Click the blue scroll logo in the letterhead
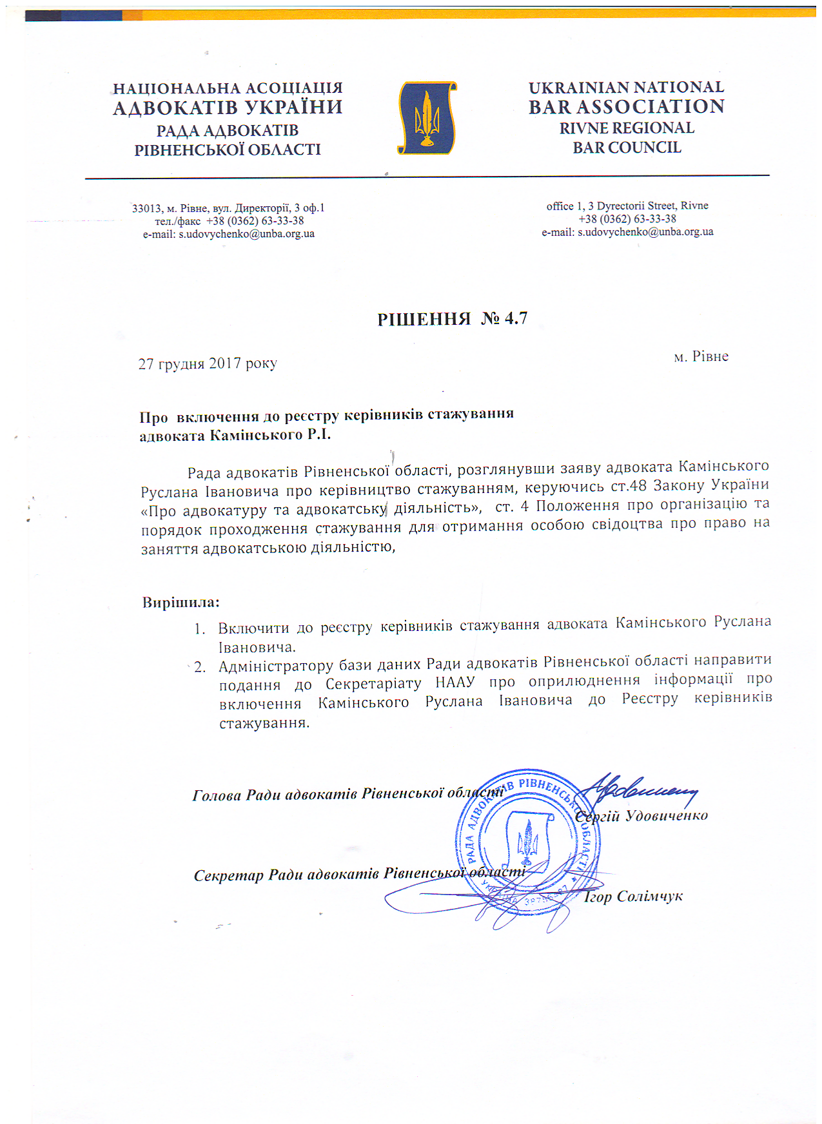[x=427, y=118]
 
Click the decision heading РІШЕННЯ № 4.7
[x=452, y=318]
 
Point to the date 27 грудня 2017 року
[x=208, y=363]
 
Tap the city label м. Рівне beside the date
[x=701, y=357]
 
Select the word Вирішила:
[x=181, y=603]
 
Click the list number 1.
[x=200, y=628]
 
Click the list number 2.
[x=200, y=667]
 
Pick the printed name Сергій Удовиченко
[x=641, y=816]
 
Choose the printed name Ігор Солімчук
[x=633, y=896]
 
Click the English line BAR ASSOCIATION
[x=627, y=107]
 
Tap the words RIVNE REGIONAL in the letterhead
[x=627, y=128]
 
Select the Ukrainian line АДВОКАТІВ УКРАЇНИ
[x=228, y=108]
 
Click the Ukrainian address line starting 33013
[x=228, y=208]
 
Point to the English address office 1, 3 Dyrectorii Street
[x=627, y=206]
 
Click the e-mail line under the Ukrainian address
[x=229, y=234]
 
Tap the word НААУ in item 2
[x=455, y=682]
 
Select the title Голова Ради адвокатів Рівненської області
[x=348, y=794]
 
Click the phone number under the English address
[x=627, y=219]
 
